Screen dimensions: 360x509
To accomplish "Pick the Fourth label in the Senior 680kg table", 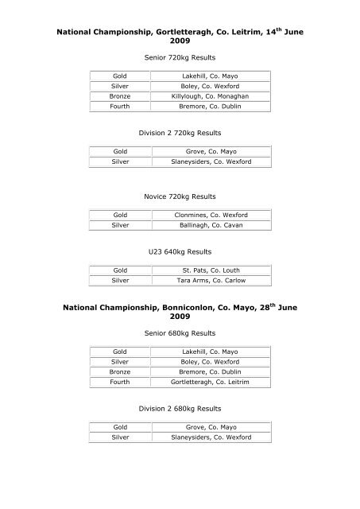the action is point(121,382).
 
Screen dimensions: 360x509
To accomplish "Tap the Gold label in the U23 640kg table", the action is point(121,270).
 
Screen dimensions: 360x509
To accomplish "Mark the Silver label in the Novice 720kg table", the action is point(121,226).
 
